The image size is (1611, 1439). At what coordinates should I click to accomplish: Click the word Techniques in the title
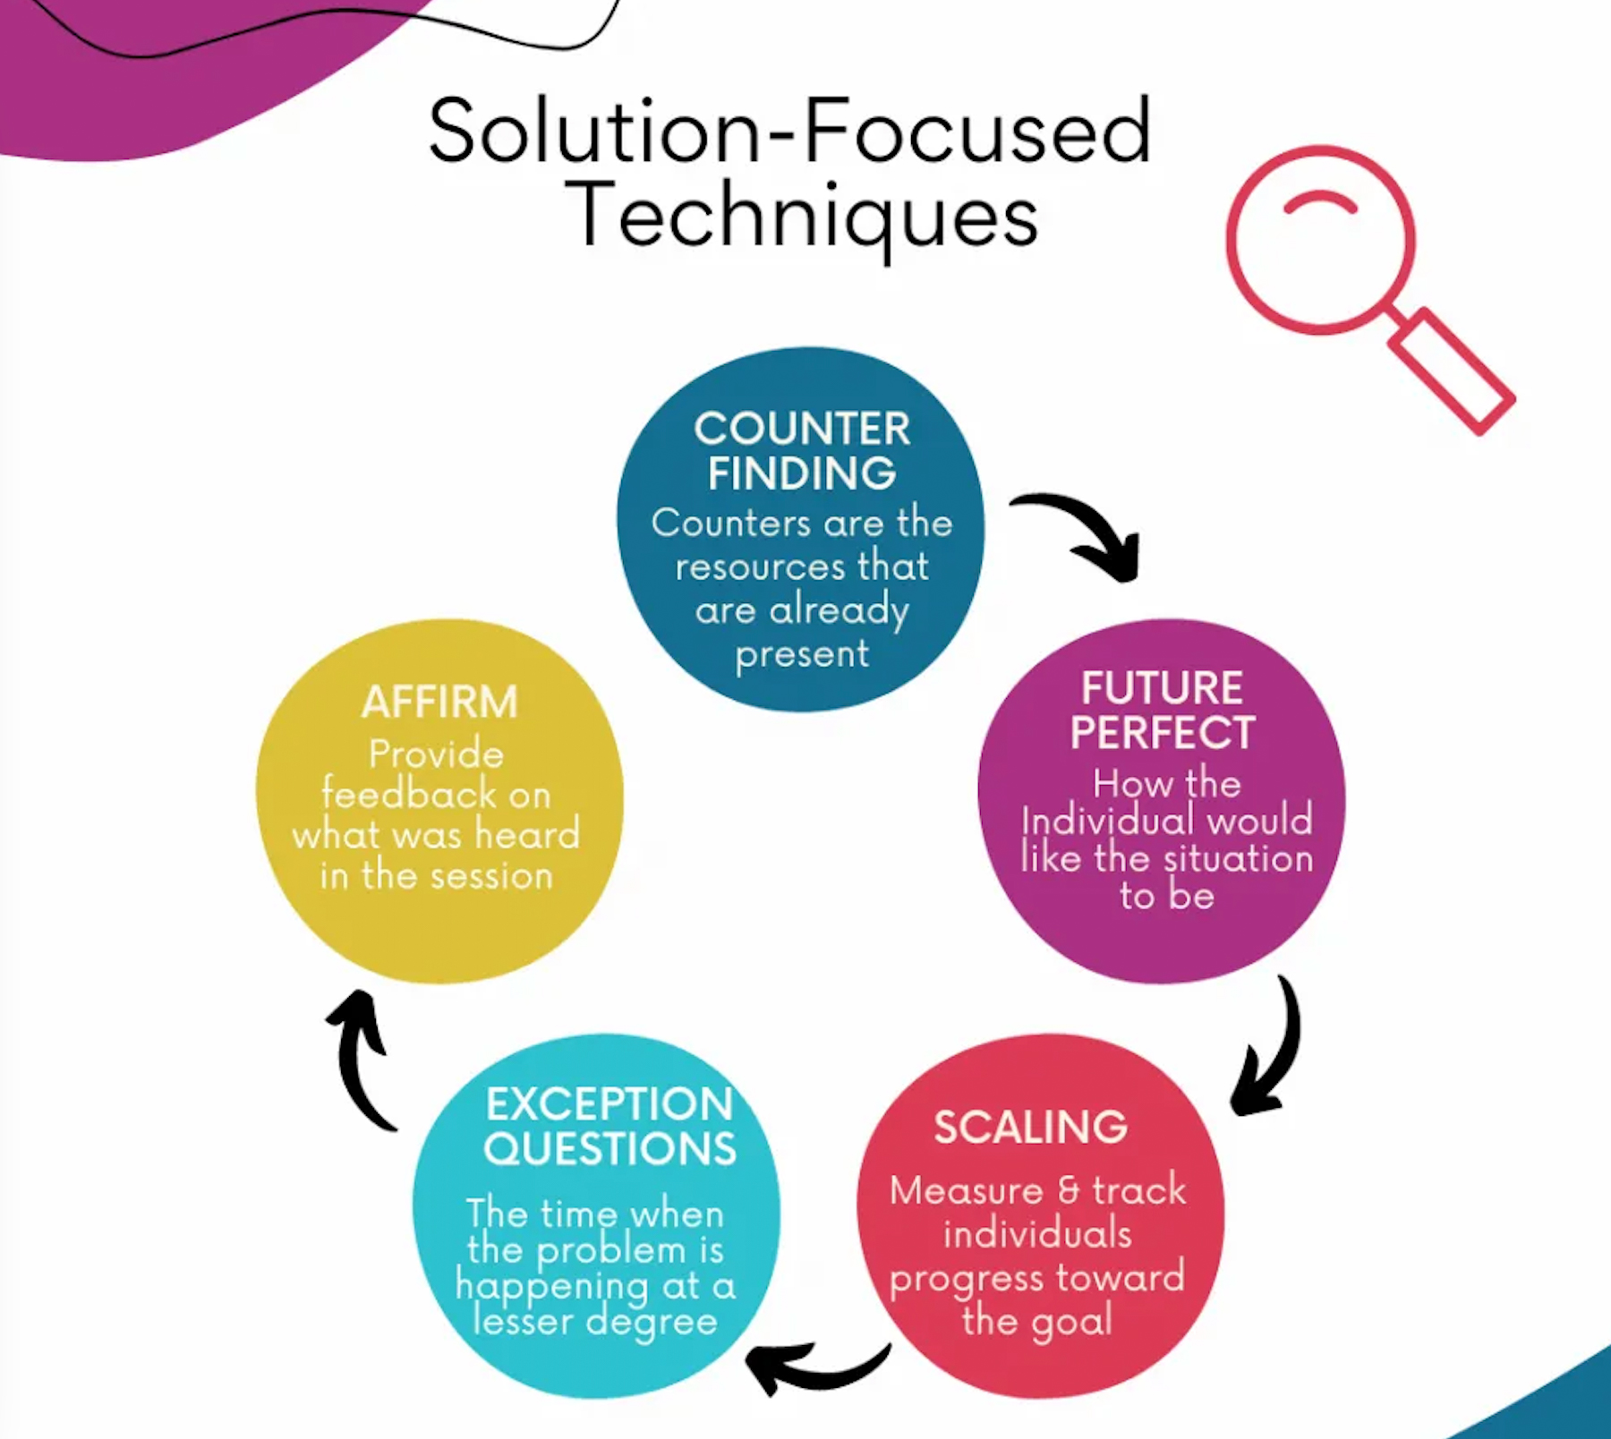(x=802, y=216)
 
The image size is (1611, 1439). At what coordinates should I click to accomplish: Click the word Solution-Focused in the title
(x=789, y=132)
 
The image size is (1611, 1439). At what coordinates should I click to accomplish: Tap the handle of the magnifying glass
(x=1451, y=370)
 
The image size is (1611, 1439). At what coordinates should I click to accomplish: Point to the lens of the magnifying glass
(x=1319, y=240)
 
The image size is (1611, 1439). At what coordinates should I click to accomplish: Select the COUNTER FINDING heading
(x=802, y=451)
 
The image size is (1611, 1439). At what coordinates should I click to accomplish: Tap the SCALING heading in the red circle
(x=1030, y=1127)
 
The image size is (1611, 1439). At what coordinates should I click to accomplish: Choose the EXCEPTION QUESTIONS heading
(x=609, y=1127)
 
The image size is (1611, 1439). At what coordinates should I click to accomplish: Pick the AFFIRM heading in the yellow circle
(x=439, y=702)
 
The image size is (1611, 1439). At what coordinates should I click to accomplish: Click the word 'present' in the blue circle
(x=802, y=655)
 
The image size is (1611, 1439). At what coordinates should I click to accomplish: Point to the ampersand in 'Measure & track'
(x=1068, y=1191)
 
